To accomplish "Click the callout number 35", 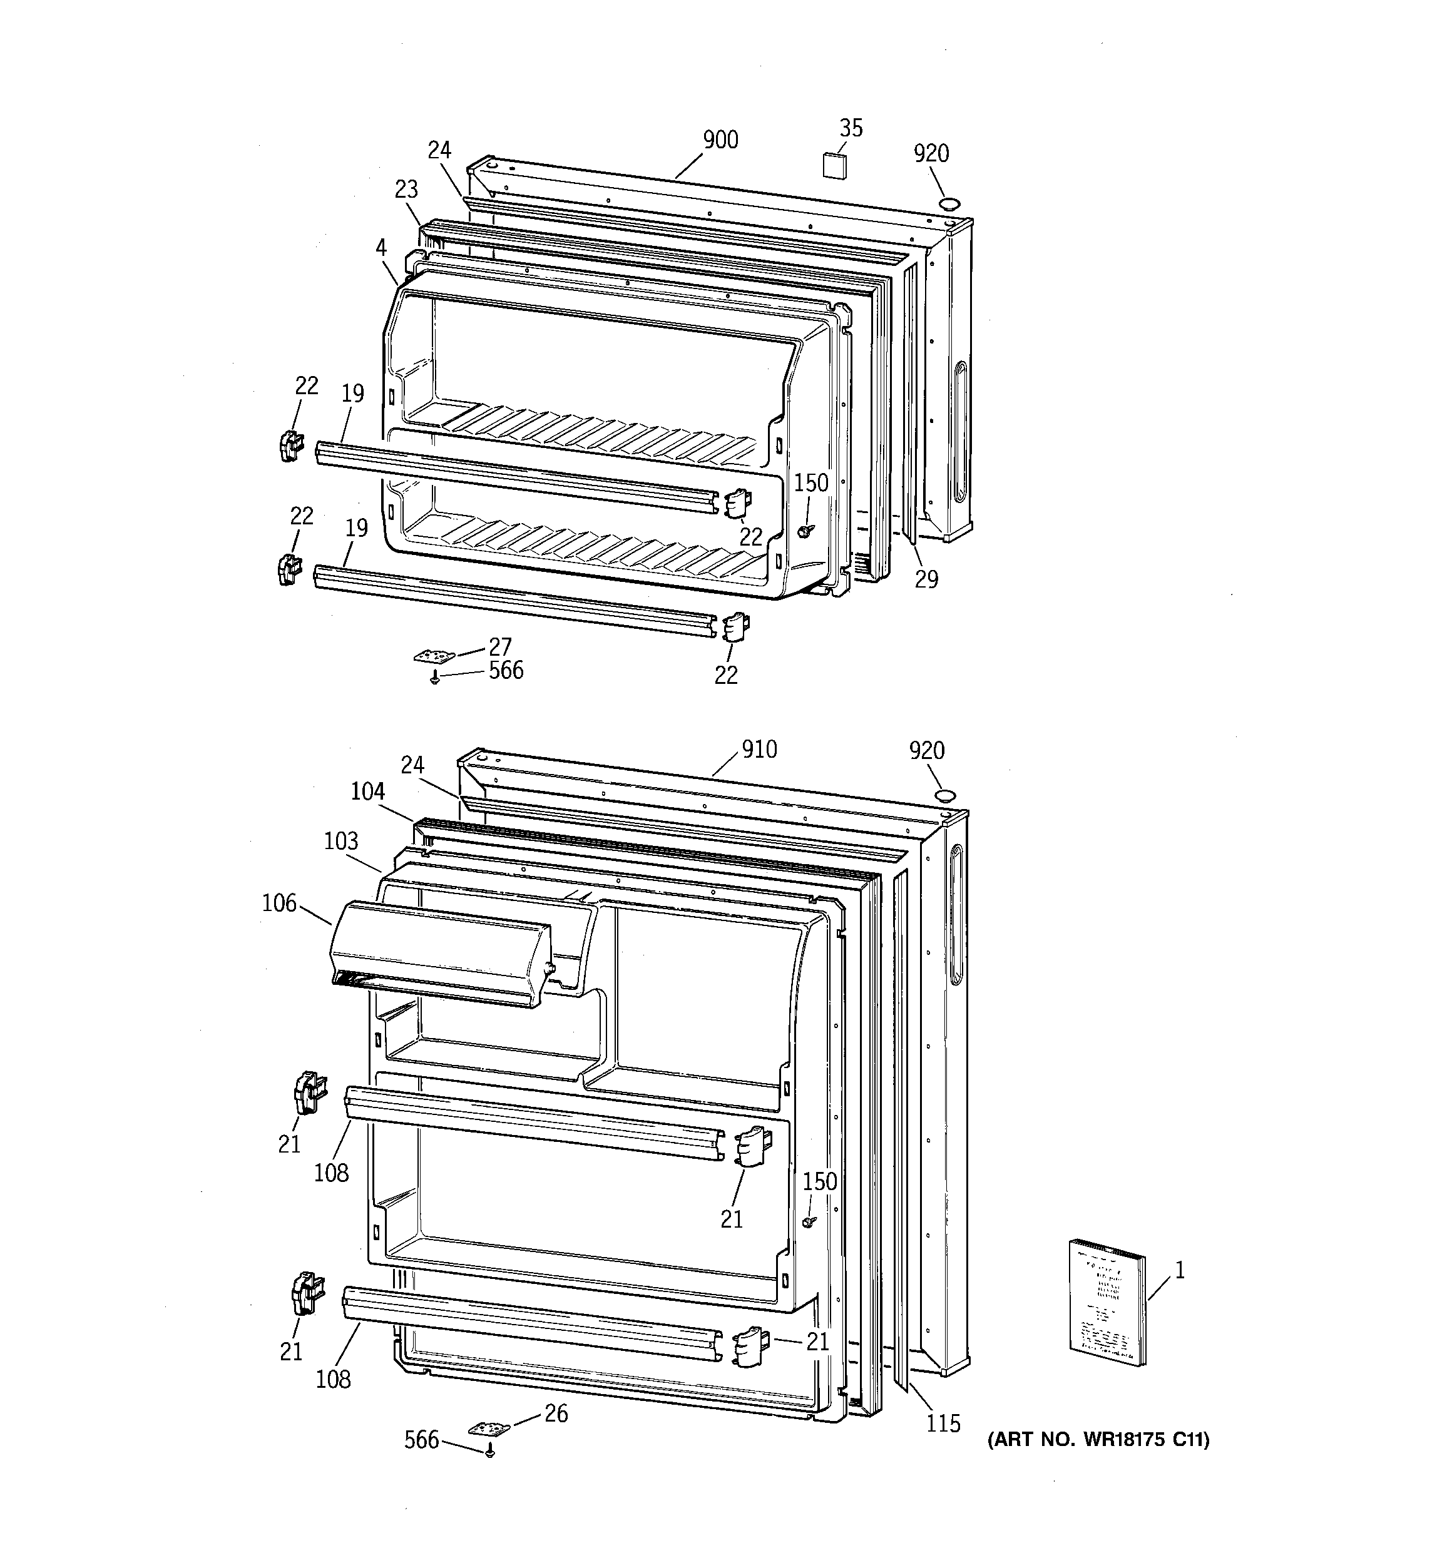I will coord(851,128).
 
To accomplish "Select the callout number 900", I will coord(720,140).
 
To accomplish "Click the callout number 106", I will coord(280,904).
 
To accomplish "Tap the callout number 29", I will coord(926,579).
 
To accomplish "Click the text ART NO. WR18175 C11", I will coord(1098,1440).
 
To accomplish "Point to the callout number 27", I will coord(499,647).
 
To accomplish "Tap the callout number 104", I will coord(367,792).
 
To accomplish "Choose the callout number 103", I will coord(341,841).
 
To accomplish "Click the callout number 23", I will coord(406,189).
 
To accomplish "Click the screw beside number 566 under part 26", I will coord(490,1452).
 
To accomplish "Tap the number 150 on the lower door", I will coord(819,1181).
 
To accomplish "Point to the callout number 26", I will coord(556,1413).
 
